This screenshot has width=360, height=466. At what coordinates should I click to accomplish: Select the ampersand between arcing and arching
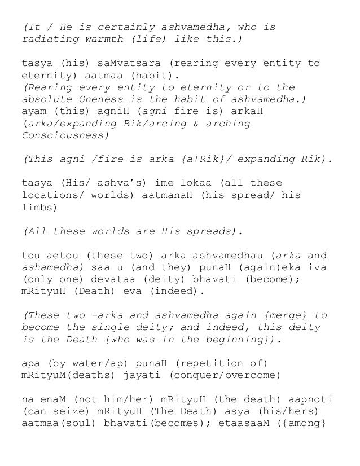click(x=190, y=124)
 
